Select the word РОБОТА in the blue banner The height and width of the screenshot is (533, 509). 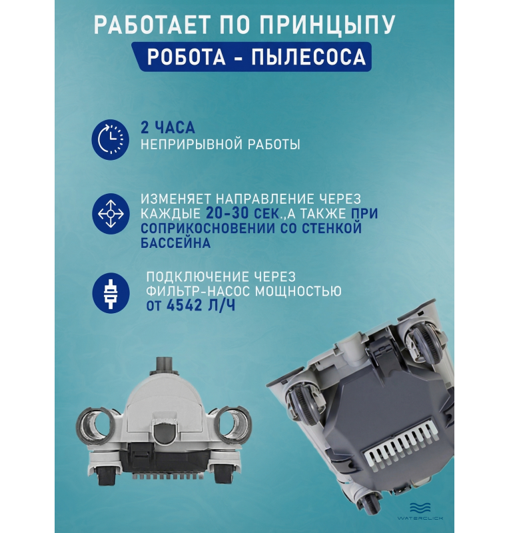(187, 57)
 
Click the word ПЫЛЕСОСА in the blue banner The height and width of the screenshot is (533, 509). (309, 57)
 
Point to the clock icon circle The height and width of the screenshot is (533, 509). (111, 140)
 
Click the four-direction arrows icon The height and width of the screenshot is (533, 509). (111, 213)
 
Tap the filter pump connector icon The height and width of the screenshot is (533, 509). (111, 293)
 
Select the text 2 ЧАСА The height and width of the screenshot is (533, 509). (168, 128)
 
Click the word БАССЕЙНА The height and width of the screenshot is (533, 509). (175, 243)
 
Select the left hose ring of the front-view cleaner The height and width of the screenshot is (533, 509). (93, 424)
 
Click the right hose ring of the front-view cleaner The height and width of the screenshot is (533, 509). (234, 424)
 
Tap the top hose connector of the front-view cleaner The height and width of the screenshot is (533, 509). (165, 365)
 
